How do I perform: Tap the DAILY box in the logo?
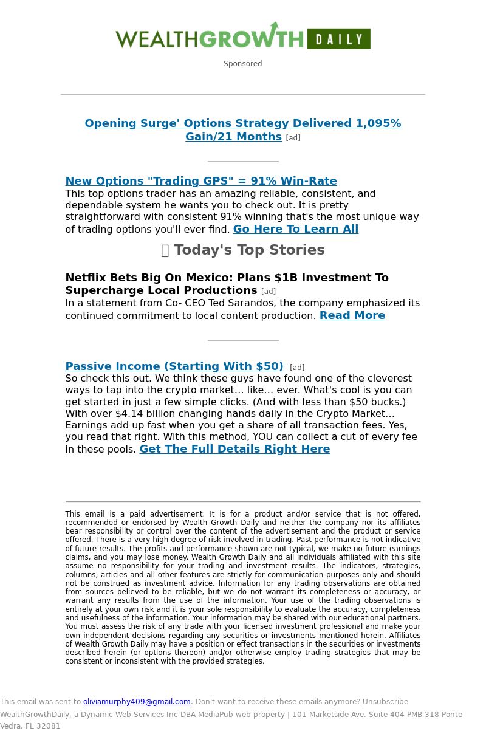coord(338,39)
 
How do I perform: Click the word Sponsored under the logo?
coord(242,64)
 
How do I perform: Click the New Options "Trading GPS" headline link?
coord(200,181)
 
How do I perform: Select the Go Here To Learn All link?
coord(296,229)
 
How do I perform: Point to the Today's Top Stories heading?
coord(249,250)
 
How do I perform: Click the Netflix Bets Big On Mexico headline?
coord(227,284)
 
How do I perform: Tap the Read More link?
coord(352,315)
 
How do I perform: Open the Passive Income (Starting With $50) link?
coord(174,366)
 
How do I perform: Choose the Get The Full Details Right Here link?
coord(234,449)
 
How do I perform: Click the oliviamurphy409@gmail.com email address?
coord(137,702)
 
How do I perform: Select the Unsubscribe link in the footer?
coord(385,702)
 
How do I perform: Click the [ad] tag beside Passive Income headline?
coord(297,368)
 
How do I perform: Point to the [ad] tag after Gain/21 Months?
coord(293,138)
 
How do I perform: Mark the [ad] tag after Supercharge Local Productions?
coord(268,292)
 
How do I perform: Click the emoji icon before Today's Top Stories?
coord(165,250)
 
